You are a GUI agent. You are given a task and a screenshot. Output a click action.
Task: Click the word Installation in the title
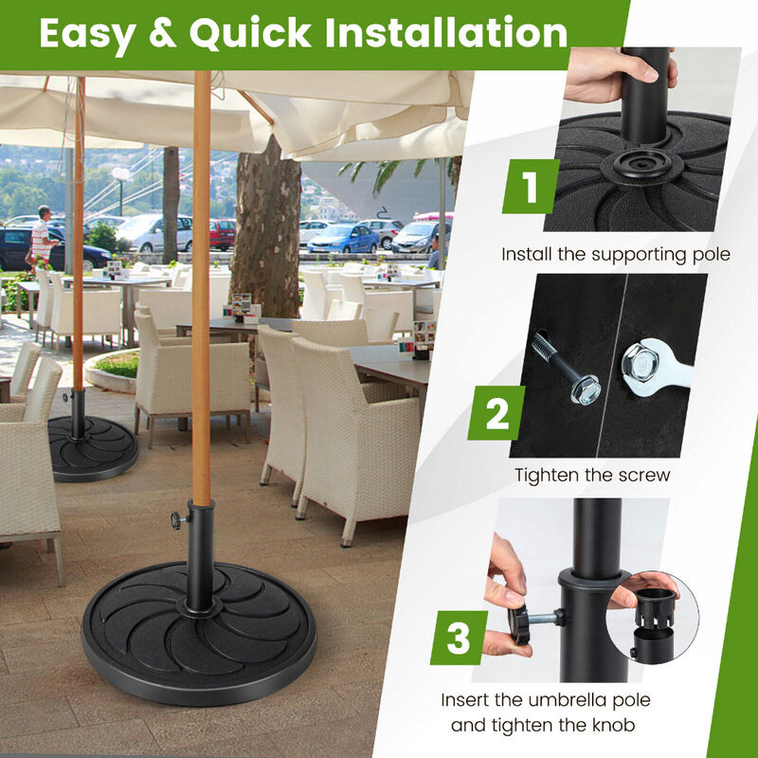point(446,33)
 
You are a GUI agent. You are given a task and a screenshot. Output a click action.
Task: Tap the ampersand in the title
point(161,34)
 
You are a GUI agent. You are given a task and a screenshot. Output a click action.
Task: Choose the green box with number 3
point(459,637)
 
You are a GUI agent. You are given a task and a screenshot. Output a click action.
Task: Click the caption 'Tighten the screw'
point(592,475)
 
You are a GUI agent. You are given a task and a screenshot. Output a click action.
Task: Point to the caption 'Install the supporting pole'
point(616,254)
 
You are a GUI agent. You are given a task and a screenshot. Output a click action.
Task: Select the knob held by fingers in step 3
point(521,621)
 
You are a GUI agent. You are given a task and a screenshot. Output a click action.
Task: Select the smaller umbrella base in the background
point(92,447)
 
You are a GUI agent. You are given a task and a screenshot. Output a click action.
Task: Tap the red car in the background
point(223,232)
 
